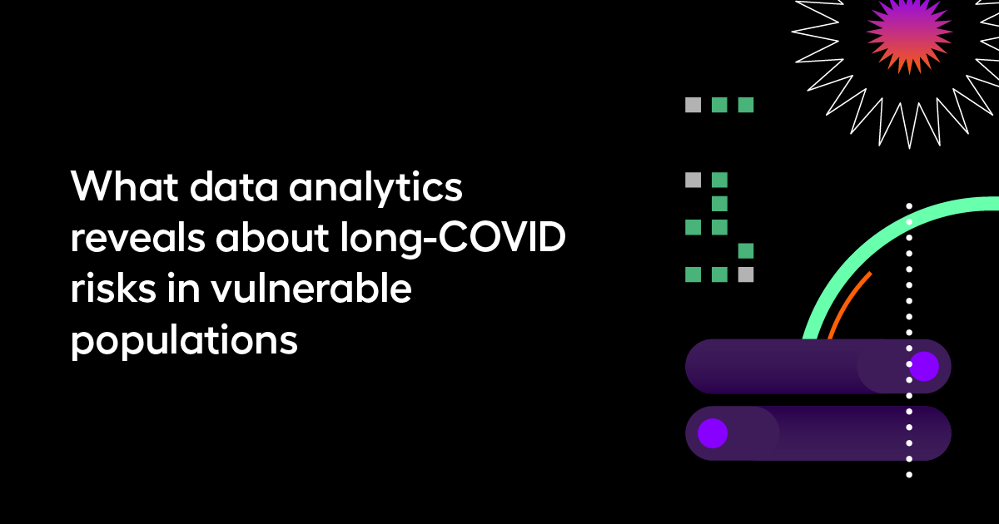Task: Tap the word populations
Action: pyautogui.click(x=184, y=342)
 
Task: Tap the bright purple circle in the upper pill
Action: pyautogui.click(x=923, y=366)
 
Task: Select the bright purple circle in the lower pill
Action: pyautogui.click(x=713, y=433)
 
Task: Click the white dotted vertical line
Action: pyautogui.click(x=909, y=416)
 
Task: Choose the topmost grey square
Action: pyautogui.click(x=693, y=105)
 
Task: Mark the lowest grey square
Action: pyautogui.click(x=746, y=274)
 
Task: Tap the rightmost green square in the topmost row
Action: pyautogui.click(x=746, y=105)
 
